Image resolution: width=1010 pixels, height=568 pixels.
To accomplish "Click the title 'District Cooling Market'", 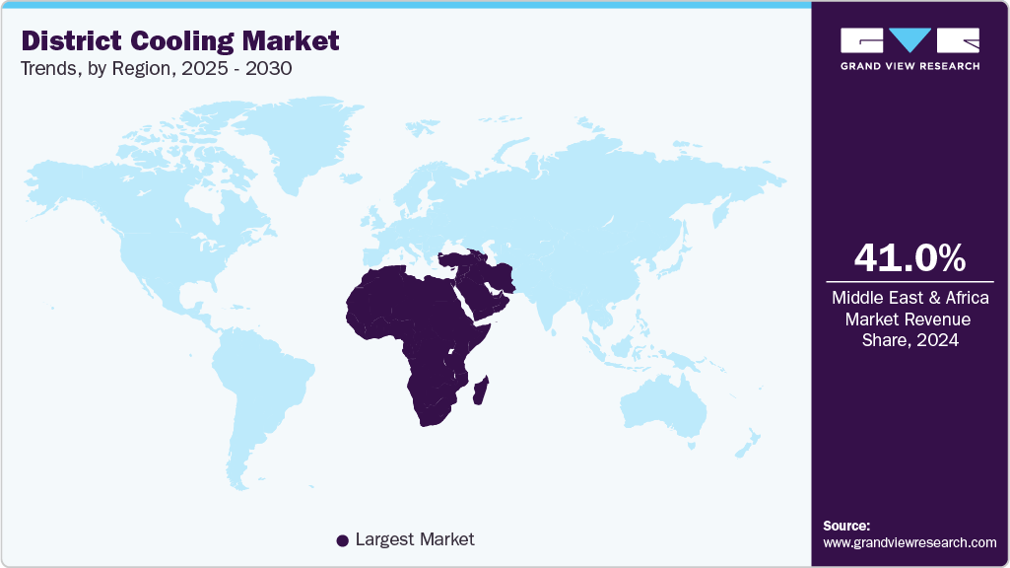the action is coord(179,40).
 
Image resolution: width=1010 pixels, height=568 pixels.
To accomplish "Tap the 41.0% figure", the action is coord(909,258).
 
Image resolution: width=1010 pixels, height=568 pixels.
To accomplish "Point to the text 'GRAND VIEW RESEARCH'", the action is coord(909,66).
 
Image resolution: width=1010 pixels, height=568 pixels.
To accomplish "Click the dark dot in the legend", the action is coord(342,540).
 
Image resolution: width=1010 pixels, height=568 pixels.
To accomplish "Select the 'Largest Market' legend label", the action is coord(415,539).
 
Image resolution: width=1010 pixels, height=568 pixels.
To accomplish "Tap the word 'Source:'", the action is coord(846,526).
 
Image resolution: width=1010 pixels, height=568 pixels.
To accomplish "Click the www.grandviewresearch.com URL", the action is coord(909,542).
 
